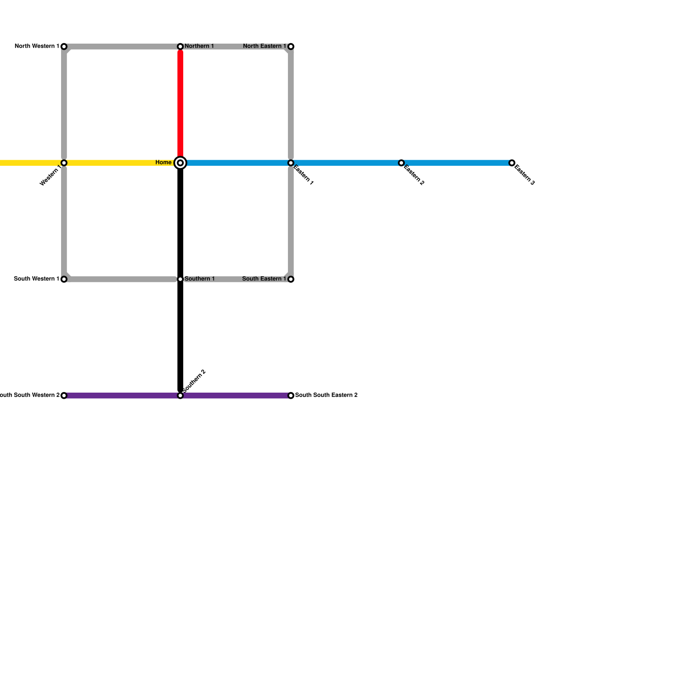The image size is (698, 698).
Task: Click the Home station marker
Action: click(x=180, y=163)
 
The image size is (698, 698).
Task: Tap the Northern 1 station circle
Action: click(x=180, y=46)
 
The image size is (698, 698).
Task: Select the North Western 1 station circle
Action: click(x=64, y=46)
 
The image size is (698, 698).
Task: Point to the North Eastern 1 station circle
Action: click(x=291, y=46)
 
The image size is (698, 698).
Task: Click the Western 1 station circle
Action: click(x=64, y=163)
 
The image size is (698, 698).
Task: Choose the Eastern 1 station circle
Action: click(x=291, y=163)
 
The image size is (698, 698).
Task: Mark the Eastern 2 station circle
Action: click(x=401, y=163)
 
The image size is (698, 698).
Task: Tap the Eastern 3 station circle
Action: click(x=512, y=163)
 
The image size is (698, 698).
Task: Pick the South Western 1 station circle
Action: click(x=64, y=279)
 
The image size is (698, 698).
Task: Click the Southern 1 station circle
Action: click(x=180, y=279)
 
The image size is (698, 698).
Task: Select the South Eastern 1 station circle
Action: click(x=291, y=279)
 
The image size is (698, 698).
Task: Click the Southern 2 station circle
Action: click(x=180, y=396)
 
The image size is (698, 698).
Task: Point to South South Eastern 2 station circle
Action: click(x=291, y=396)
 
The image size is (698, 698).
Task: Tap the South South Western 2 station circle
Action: click(x=64, y=396)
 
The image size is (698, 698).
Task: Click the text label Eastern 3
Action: click(x=524, y=175)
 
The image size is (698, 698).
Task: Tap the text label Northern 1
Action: click(x=199, y=46)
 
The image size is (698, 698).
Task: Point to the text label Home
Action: click(x=164, y=163)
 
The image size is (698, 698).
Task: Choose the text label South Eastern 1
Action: click(x=264, y=279)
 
